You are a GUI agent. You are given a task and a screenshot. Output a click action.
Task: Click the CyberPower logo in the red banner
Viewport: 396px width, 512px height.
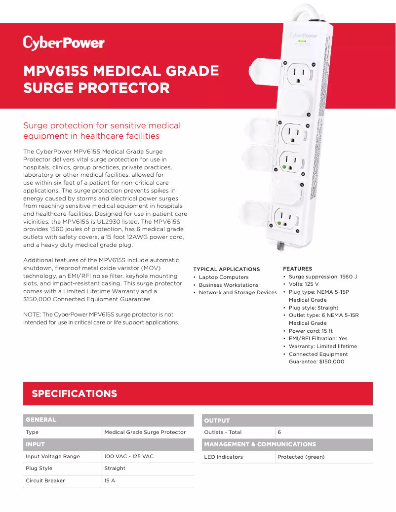pyautogui.click(x=64, y=43)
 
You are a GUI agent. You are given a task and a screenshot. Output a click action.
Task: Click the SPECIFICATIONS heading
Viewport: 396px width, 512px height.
pyautogui.click(x=74, y=394)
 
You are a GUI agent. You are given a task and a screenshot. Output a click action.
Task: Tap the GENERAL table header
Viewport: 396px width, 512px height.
pyautogui.click(x=41, y=420)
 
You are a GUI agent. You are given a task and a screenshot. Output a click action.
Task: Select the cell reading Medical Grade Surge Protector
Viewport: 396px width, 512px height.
pyautogui.click(x=145, y=432)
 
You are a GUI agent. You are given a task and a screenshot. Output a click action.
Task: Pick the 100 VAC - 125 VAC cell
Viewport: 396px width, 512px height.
pyautogui.click(x=129, y=456)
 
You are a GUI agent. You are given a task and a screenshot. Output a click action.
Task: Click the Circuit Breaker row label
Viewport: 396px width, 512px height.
pyautogui.click(x=45, y=480)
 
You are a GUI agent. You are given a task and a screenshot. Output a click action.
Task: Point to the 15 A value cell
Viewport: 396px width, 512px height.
pyautogui.click(x=110, y=480)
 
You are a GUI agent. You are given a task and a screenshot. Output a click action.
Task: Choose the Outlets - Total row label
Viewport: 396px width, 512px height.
pyautogui.click(x=223, y=432)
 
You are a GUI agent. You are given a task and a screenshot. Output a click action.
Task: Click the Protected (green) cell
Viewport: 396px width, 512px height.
pyautogui.click(x=301, y=457)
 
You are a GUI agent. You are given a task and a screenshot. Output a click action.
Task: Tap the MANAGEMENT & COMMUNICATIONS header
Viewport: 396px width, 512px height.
pyautogui.click(x=260, y=444)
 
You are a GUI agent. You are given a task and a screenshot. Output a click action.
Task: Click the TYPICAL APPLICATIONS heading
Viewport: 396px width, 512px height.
pyautogui.click(x=226, y=269)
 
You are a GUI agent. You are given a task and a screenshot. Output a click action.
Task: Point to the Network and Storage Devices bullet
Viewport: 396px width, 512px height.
pyautogui.click(x=238, y=293)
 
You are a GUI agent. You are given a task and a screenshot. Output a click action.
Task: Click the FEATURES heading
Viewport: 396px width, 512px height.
pyautogui.click(x=297, y=269)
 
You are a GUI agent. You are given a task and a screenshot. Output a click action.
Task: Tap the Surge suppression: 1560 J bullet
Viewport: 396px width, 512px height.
pyautogui.click(x=322, y=276)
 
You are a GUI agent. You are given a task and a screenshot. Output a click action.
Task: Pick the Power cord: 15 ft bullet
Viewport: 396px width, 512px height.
pyautogui.click(x=311, y=331)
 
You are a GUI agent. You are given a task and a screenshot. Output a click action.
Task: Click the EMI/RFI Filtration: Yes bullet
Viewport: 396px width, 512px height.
pyautogui.click(x=318, y=339)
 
